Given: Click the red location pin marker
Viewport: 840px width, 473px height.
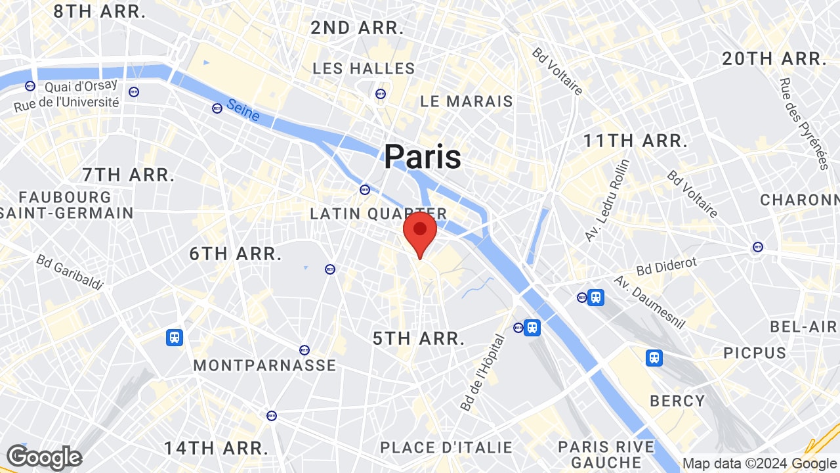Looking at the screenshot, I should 420,233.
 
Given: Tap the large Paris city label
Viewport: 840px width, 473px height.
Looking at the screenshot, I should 422,157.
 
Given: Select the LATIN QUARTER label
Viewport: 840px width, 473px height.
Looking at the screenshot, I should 379,214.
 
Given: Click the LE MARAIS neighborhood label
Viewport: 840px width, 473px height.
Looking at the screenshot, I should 467,102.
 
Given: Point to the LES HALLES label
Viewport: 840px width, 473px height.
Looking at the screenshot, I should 364,69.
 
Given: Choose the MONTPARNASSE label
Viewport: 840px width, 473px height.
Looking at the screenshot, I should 264,366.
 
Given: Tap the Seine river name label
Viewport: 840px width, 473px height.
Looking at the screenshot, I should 243,110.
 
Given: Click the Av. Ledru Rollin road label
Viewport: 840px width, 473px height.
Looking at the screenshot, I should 607,200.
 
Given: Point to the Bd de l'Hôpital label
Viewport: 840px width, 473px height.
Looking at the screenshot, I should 483,372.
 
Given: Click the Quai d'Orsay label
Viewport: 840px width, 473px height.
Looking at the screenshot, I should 81,86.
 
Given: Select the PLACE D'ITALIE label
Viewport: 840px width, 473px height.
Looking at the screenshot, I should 446,447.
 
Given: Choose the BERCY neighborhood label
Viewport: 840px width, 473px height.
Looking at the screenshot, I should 677,401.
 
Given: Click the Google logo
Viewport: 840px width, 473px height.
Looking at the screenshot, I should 44,458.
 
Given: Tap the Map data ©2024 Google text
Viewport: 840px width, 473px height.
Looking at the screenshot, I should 759,463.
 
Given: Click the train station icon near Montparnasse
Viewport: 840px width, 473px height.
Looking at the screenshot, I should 174,338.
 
